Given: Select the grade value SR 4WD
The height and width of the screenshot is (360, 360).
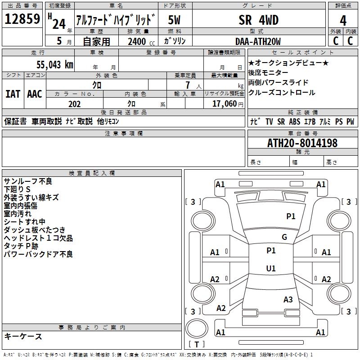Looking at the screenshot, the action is (258, 20).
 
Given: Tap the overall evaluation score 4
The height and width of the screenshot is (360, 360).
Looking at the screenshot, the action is (343, 21).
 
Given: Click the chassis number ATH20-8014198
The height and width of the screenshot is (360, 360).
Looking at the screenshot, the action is (302, 143).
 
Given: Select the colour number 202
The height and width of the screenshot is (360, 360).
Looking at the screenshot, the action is (74, 104).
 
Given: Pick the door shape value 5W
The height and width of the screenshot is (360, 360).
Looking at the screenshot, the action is (175, 20).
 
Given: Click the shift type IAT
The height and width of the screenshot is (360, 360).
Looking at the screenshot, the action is (13, 94).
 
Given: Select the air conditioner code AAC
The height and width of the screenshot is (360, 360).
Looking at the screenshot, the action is (35, 94).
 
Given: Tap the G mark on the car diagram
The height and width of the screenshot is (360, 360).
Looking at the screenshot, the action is (284, 237).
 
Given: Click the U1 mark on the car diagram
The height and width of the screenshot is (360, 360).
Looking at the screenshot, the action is (271, 269).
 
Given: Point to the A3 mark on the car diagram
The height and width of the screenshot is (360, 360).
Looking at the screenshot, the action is (288, 299).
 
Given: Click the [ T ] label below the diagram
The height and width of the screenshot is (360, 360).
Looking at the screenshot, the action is (196, 344).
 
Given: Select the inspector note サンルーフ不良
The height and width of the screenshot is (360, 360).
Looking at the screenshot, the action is (28, 181).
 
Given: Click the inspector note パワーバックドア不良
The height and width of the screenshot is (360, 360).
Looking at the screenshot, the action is (38, 254).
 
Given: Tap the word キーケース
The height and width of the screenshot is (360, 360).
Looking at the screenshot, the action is (23, 336).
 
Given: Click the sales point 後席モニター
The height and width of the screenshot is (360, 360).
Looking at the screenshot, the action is (269, 73).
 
